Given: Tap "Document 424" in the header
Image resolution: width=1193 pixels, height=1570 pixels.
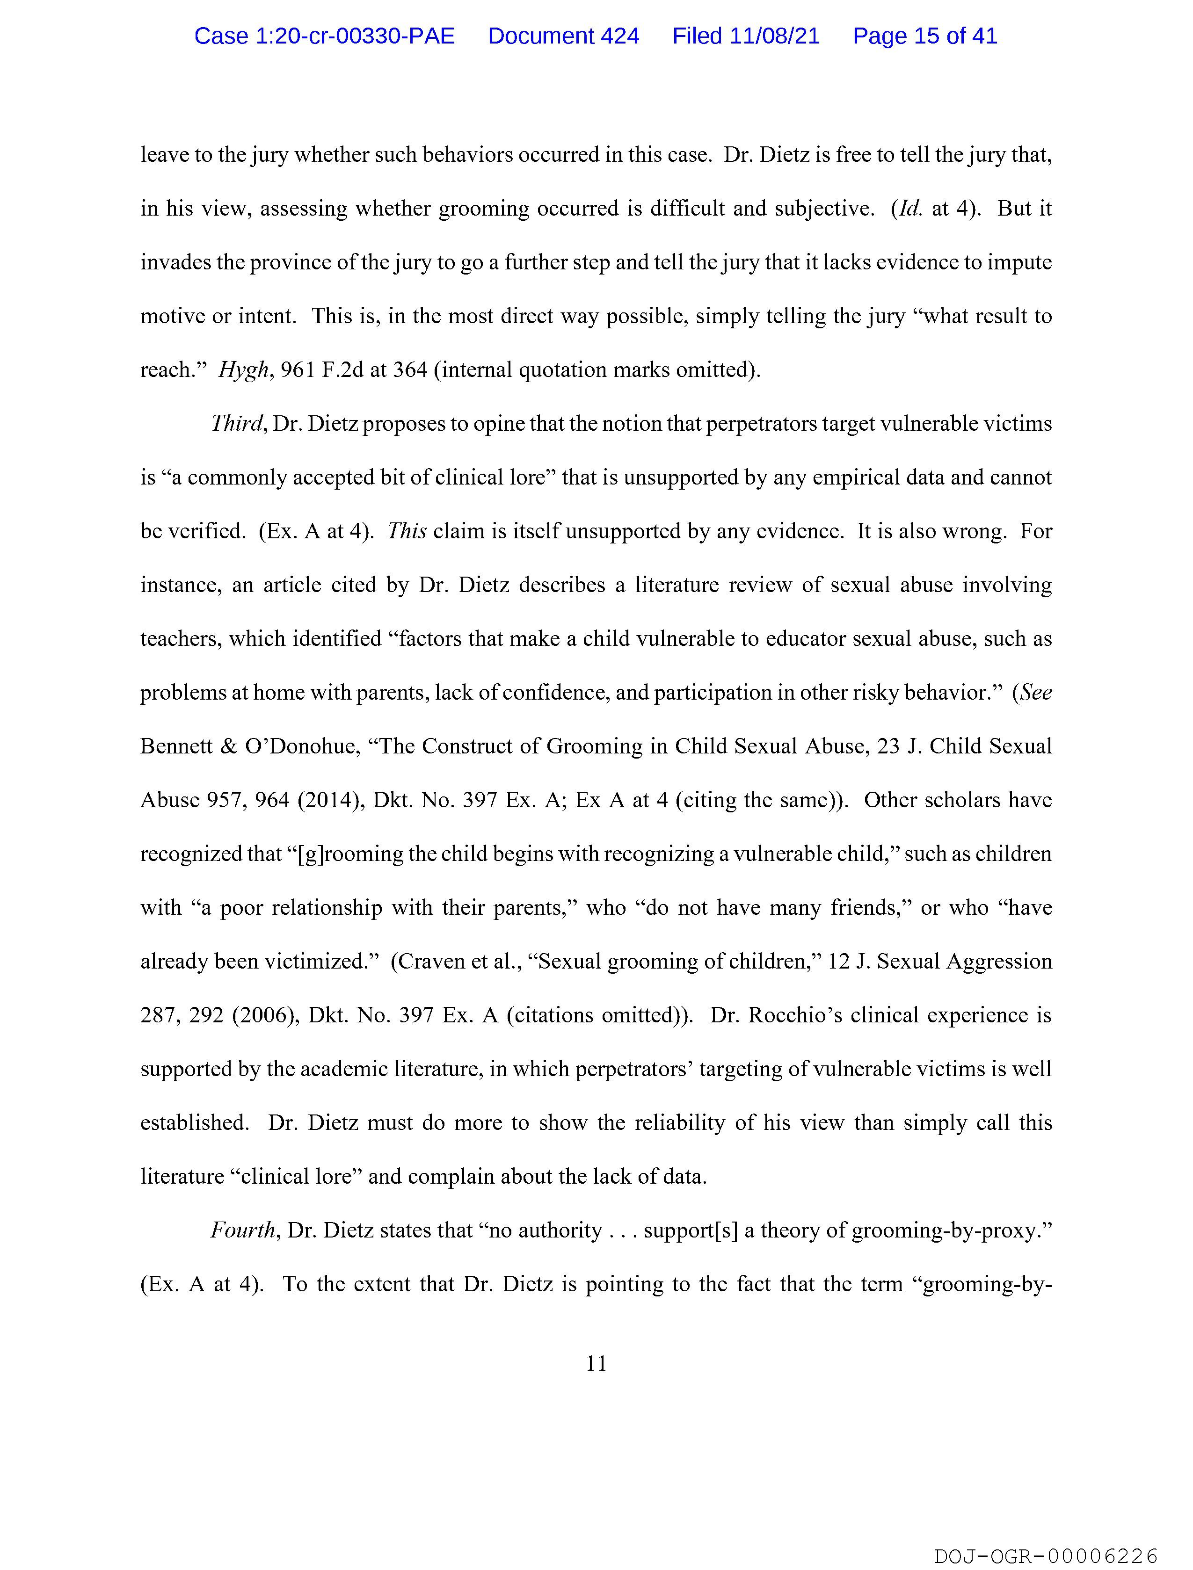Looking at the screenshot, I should click(563, 36).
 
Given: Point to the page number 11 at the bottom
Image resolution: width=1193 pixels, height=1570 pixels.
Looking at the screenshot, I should click(596, 1363).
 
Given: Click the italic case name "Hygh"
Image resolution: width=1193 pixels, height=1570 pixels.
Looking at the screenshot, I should click(243, 370).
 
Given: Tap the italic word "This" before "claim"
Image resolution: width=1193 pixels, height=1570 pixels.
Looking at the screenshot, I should click(407, 532).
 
